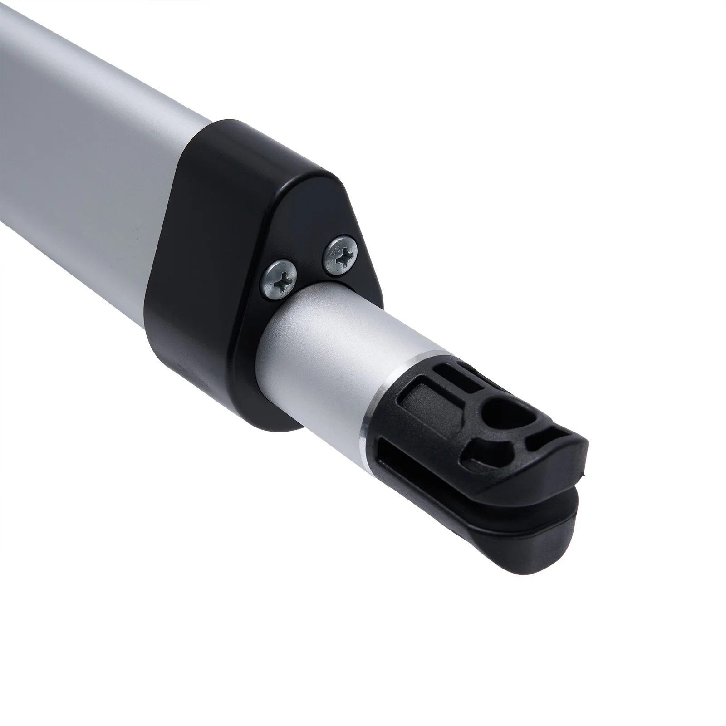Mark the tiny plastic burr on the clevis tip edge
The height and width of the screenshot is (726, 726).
pos(585,476)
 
